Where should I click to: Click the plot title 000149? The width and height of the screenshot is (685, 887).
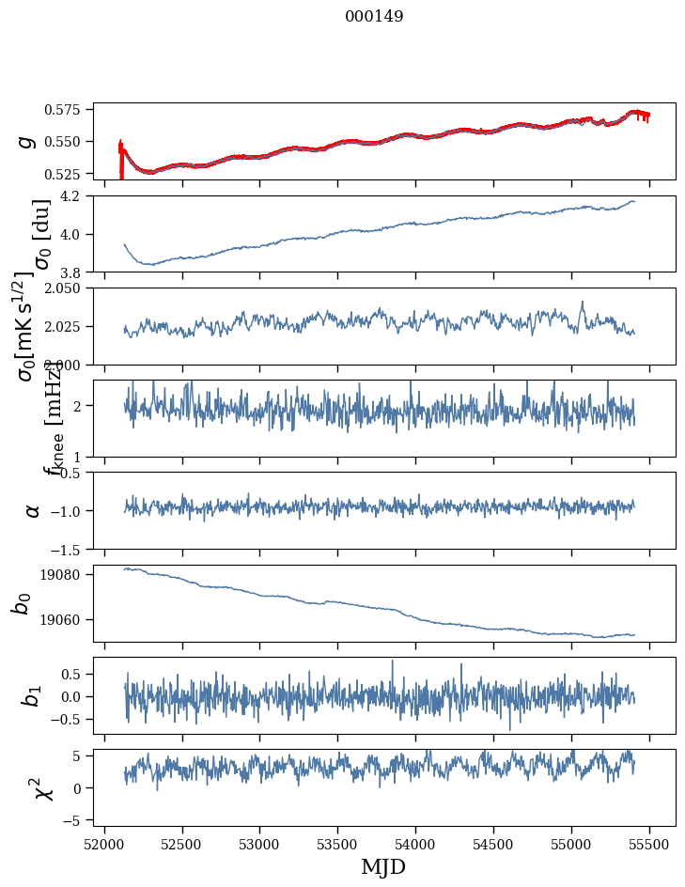click(x=374, y=17)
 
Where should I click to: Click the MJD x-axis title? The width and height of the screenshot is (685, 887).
click(x=383, y=866)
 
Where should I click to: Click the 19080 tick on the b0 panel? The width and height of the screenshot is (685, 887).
click(x=69, y=574)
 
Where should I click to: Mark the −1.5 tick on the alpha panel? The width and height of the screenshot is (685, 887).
click(x=71, y=548)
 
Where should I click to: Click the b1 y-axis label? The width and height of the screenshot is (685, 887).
click(x=31, y=695)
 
